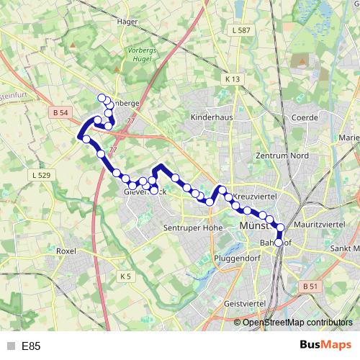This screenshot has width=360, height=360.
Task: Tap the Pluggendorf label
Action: (238, 257)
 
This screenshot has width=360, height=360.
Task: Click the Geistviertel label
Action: (245, 305)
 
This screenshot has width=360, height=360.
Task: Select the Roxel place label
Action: (66, 251)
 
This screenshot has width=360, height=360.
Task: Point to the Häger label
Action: (127, 22)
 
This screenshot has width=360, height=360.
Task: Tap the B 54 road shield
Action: (61, 112)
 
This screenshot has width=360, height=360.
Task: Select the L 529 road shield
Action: (41, 175)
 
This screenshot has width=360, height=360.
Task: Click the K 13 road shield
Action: (231, 78)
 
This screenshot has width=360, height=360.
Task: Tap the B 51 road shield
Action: (310, 287)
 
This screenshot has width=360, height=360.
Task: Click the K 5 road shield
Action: (127, 276)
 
